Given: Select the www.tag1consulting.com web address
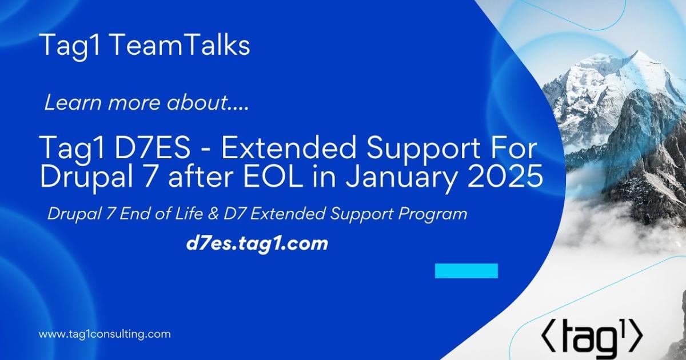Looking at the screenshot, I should (105, 334).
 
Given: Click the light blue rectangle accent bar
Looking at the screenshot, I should (466, 271).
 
